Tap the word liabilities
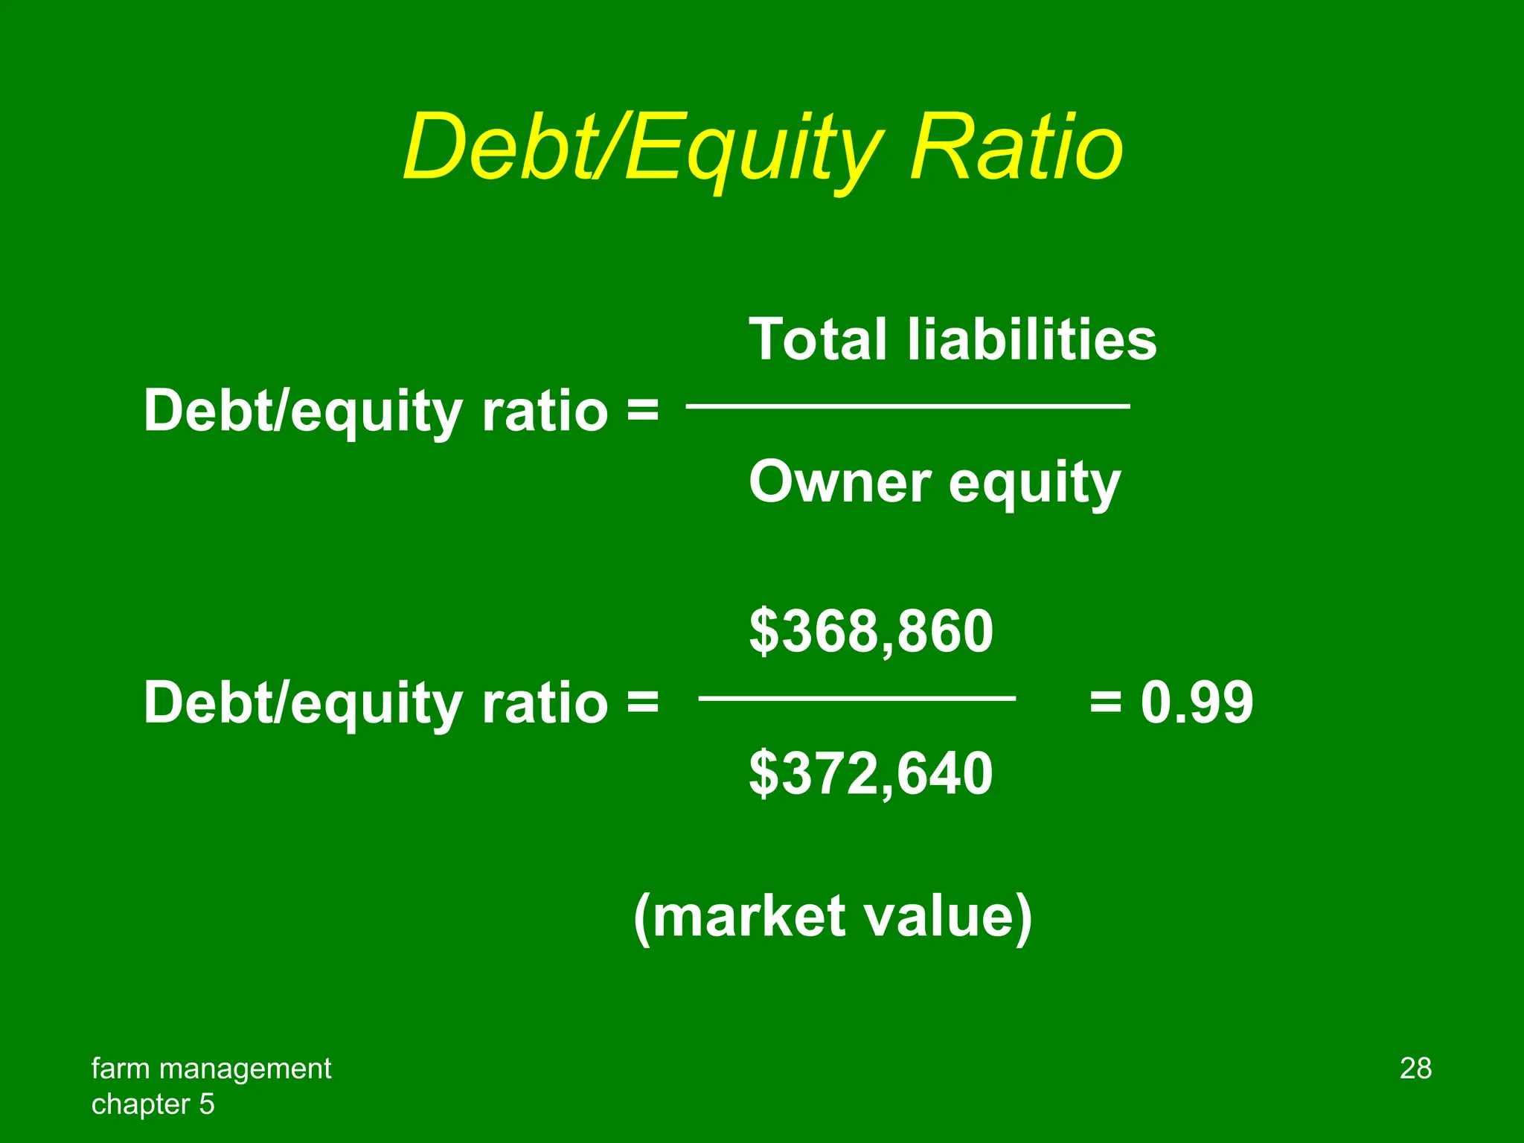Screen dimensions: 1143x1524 1031,340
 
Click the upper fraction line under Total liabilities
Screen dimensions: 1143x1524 908,406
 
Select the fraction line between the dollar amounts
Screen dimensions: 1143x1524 857,698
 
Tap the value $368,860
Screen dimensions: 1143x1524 871,631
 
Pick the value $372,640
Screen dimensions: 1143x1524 871,774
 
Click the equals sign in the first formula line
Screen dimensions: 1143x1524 642,411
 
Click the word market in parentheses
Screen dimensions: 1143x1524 749,917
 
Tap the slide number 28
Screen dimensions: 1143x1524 1415,1069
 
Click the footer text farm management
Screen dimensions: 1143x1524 211,1069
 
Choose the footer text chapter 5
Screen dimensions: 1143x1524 153,1104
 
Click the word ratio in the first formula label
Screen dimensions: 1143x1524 545,411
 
